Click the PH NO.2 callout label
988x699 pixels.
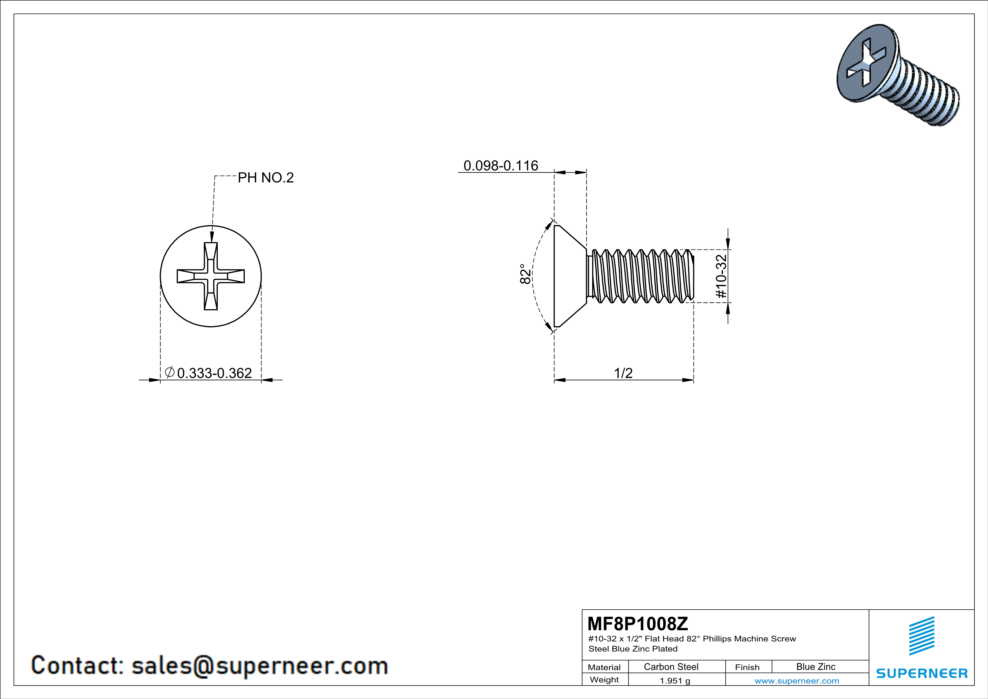pos(265,178)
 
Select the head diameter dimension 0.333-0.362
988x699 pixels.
pos(214,373)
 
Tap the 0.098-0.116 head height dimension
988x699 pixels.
pos(500,166)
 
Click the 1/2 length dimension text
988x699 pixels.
pos(623,373)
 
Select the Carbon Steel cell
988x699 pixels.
pos(671,667)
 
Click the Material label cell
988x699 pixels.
pos(604,667)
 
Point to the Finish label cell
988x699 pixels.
pos(747,667)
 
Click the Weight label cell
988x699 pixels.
pos(604,680)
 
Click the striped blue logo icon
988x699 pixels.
pos(921,636)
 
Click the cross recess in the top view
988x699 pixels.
pos(211,276)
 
